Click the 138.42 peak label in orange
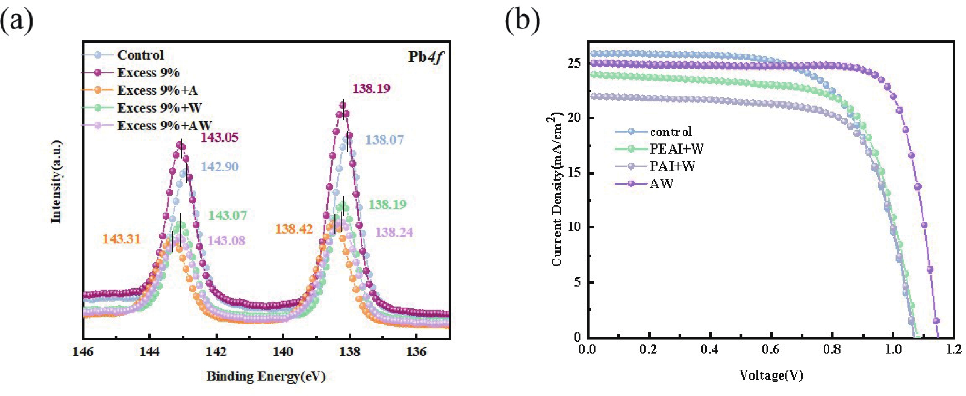294,229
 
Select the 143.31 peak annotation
122,239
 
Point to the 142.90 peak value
219,167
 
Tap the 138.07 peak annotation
385,140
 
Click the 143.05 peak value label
219,137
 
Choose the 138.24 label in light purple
394,232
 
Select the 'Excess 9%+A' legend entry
157,90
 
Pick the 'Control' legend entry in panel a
141,55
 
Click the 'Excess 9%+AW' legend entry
164,126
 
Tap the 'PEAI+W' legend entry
676,149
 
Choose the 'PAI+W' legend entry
672,166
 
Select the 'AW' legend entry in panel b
661,184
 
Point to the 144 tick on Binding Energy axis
149,352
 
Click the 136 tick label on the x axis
416,352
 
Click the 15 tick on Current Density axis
574,173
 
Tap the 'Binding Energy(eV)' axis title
266,376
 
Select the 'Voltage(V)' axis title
771,375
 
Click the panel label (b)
522,21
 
